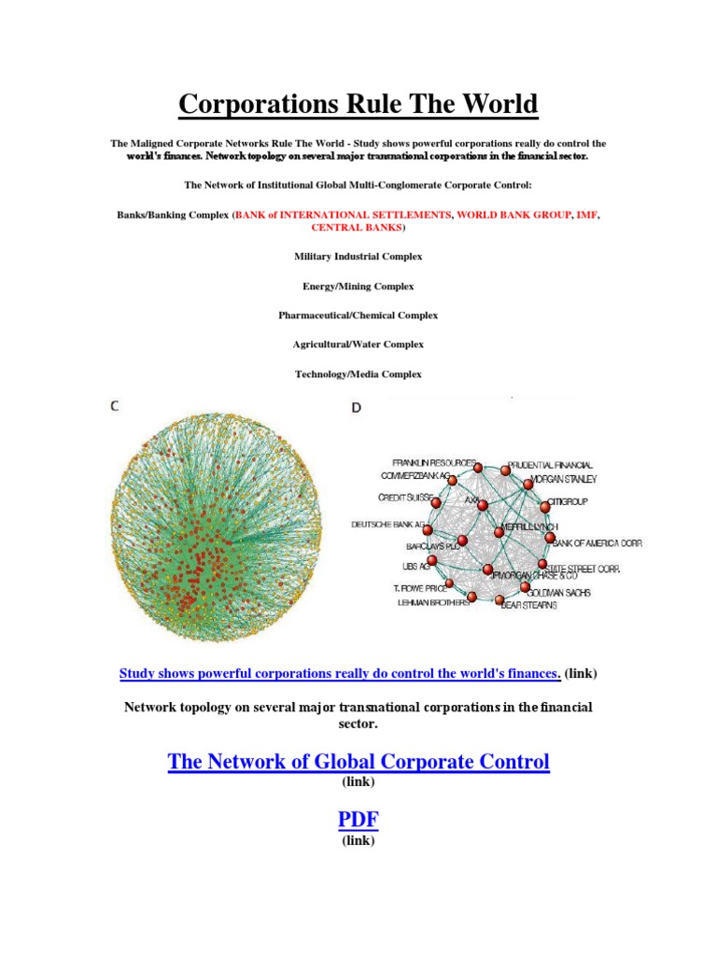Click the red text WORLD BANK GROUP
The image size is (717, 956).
click(x=515, y=215)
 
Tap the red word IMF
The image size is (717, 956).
click(x=587, y=215)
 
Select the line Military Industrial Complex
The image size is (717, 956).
click(x=358, y=256)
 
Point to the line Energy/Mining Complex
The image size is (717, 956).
click(x=358, y=286)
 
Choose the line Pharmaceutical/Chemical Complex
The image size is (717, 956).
click(x=358, y=316)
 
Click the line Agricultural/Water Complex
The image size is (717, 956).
click(x=358, y=344)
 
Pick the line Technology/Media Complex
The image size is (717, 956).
click(x=358, y=374)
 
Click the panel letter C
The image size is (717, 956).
click(x=116, y=406)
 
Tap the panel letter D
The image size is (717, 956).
click(x=357, y=408)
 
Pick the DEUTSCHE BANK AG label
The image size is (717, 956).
click(x=388, y=525)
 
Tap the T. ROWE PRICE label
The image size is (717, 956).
click(x=419, y=589)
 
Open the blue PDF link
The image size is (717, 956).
click(x=358, y=821)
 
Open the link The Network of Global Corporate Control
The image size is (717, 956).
click(x=358, y=762)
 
